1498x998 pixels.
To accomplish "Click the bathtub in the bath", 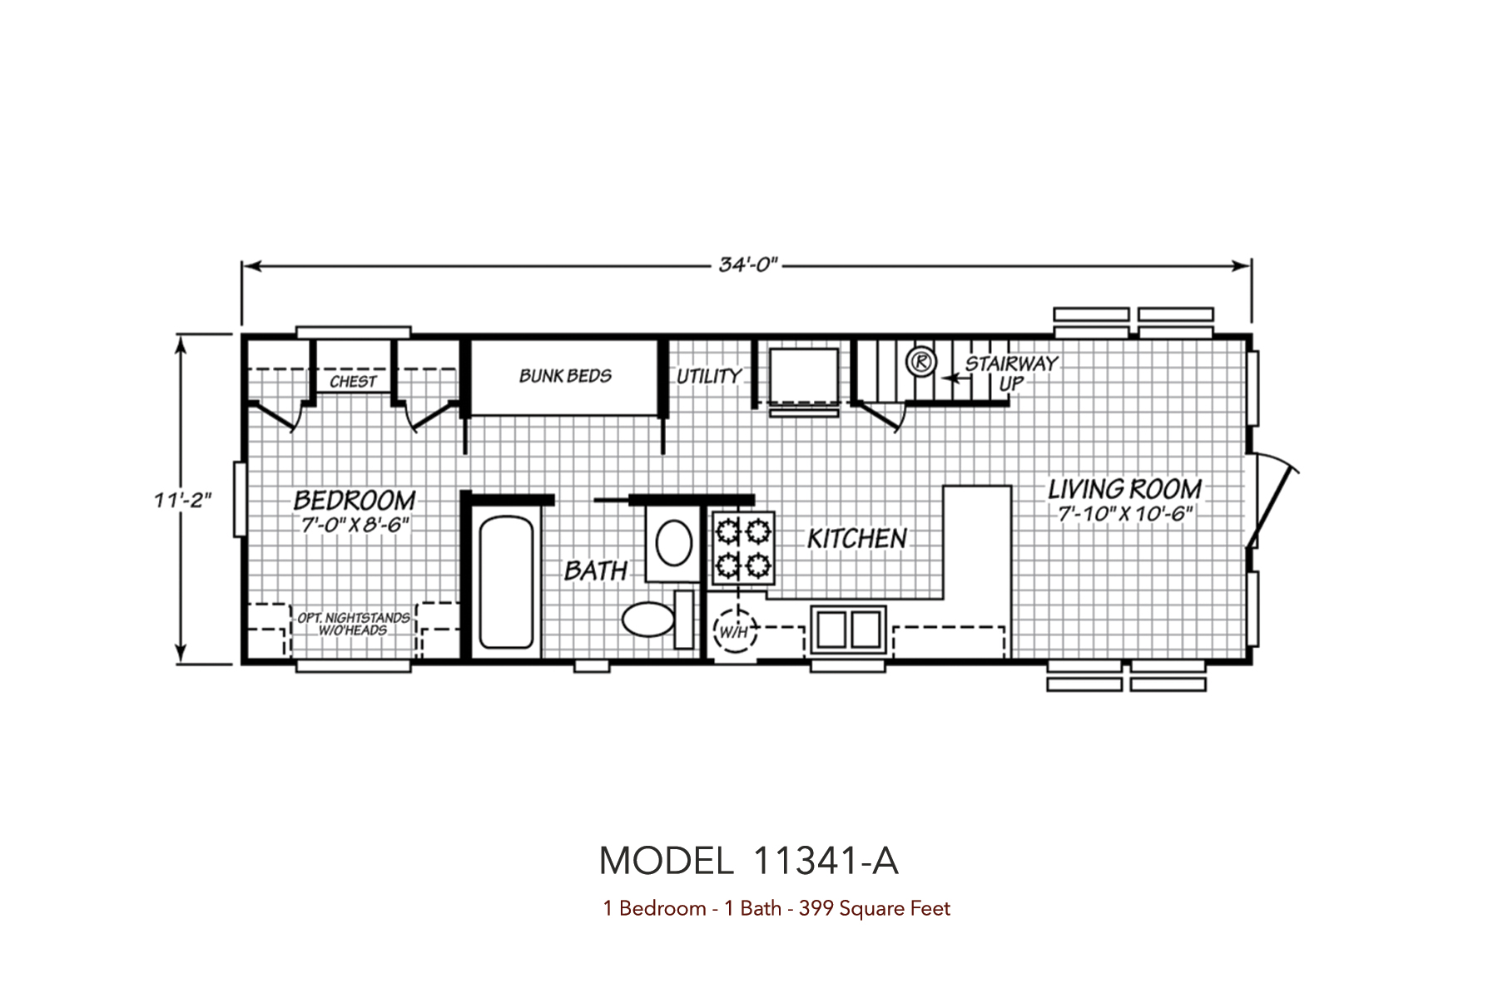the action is pyautogui.click(x=506, y=582).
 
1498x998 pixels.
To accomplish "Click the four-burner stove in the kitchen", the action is pyautogui.click(x=742, y=547).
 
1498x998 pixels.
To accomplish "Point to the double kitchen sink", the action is pyautogui.click(x=849, y=628).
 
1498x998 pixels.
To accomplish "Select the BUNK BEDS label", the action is pyautogui.click(x=565, y=376).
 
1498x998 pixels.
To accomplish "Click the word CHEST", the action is pyautogui.click(x=353, y=382).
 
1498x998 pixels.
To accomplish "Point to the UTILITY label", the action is pyautogui.click(x=708, y=377).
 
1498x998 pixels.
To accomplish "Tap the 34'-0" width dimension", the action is pyautogui.click(x=748, y=265).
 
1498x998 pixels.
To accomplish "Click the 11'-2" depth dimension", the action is pyautogui.click(x=182, y=500).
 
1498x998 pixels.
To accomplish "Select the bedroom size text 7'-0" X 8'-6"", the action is pyautogui.click(x=355, y=525).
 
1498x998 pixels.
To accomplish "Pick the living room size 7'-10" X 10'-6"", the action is pyautogui.click(x=1125, y=513).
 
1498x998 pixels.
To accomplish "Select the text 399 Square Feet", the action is pyautogui.click(x=874, y=908).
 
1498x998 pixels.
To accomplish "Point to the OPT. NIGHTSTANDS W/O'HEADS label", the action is pyautogui.click(x=354, y=624).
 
